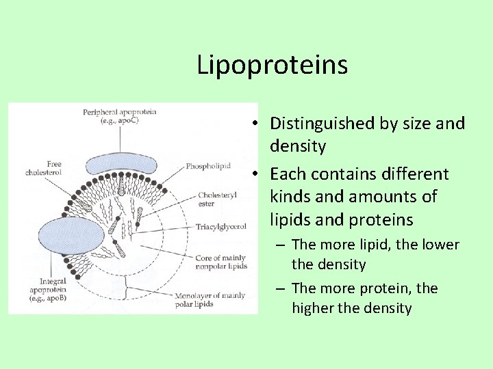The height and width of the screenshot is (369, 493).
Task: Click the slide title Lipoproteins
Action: click(272, 66)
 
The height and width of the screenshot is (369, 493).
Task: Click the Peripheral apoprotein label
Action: click(120, 115)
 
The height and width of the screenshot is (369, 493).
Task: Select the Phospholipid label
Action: click(207, 166)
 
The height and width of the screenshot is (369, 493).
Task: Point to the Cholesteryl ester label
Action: click(218, 199)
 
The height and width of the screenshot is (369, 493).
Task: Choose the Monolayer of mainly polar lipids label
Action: click(218, 299)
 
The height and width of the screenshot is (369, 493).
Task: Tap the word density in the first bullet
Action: click(298, 146)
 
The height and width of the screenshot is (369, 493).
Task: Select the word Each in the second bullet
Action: click(289, 174)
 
